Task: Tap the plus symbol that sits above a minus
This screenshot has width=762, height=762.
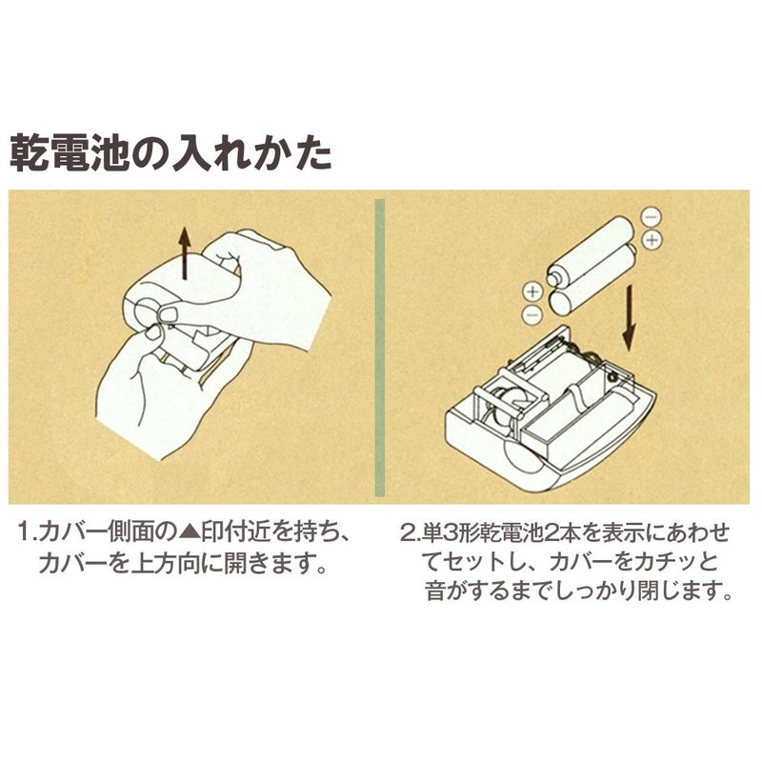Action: coord(532,290)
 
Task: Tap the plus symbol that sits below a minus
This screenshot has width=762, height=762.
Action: coord(652,239)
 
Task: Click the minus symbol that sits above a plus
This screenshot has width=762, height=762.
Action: coord(650,216)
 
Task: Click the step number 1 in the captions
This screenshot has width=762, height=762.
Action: coord(26,531)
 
